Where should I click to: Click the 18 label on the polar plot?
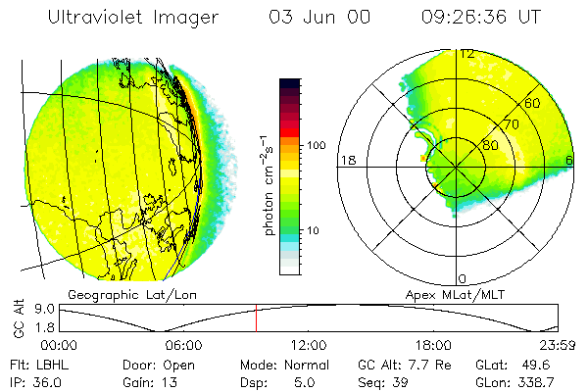tap(346, 160)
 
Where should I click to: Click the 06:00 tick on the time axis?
tap(183, 345)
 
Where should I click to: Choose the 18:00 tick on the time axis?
tap(433, 345)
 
